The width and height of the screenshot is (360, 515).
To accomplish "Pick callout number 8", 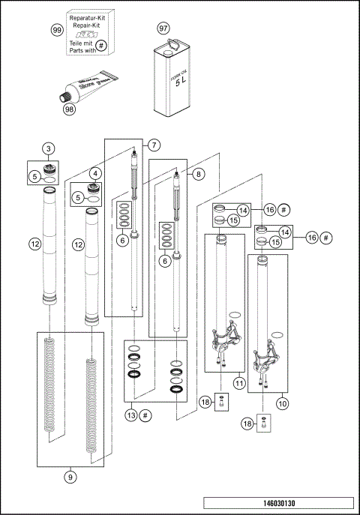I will point(199,173).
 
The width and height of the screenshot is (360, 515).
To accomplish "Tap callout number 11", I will point(239,383).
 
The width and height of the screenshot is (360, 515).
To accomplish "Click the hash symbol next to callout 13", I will point(145,415).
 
